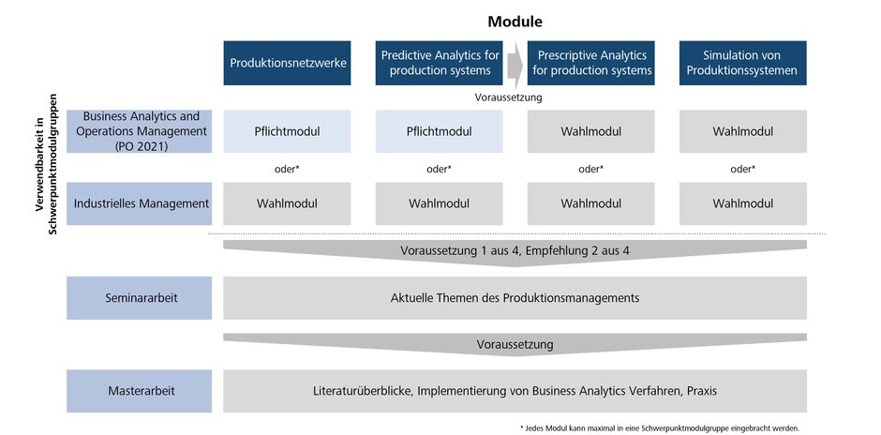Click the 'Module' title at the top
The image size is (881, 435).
coord(515,21)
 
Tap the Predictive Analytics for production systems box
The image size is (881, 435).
coord(438,63)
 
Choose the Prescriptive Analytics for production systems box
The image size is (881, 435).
coord(590,63)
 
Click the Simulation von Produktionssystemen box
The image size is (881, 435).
coord(741,63)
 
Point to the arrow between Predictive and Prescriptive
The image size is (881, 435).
coord(515,64)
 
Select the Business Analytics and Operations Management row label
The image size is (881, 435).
coord(139,131)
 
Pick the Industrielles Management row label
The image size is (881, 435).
coord(139,203)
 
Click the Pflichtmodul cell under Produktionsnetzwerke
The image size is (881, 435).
coord(287,131)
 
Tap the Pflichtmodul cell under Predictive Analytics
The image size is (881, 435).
coord(438,131)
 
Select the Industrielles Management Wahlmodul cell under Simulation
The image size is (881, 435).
coord(741,203)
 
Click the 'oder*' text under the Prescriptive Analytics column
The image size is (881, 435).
coord(590,169)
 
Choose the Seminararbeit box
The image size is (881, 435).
coord(139,298)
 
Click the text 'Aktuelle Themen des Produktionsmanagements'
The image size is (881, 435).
coord(515,298)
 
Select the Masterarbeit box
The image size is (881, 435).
coord(139,391)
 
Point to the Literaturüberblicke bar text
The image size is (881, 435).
coord(515,391)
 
